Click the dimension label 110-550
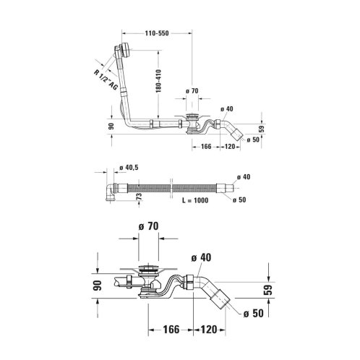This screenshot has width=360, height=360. point(157,33)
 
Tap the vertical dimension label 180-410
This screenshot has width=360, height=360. point(158,81)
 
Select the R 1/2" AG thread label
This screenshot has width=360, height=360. point(106,80)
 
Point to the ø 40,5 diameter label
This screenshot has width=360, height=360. point(129,168)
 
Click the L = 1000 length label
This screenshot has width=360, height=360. point(195,200)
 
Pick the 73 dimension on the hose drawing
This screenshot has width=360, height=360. point(139,197)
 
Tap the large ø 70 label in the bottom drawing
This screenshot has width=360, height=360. point(148,226)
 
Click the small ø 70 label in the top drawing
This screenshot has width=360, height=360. point(192,91)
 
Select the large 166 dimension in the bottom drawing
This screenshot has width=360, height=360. point(171,330)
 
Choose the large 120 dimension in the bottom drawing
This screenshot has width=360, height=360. point(209,330)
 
